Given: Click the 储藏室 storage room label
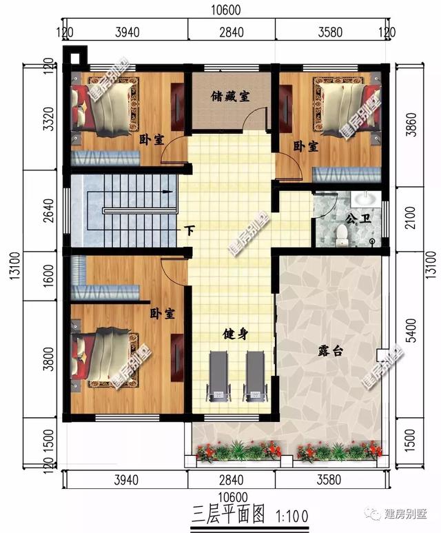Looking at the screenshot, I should coord(229,97).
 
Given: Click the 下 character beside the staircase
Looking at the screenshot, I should coord(189,230).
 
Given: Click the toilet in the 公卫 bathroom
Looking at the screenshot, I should coord(341,236).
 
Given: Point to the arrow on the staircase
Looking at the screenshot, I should coord(165,193).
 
